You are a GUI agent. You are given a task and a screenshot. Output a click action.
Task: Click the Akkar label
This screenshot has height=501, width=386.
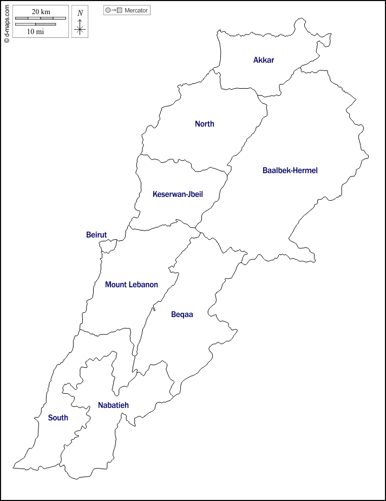click(264, 60)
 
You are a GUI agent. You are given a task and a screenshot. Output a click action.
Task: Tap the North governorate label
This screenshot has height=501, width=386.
click(205, 124)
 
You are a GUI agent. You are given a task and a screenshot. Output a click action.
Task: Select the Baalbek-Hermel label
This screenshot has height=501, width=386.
click(290, 170)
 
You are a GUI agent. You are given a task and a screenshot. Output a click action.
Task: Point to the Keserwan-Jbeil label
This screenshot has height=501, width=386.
click(178, 194)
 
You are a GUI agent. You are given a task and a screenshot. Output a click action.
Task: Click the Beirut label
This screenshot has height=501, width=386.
click(96, 235)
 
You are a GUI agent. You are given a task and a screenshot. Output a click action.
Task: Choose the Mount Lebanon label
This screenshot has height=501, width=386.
click(132, 285)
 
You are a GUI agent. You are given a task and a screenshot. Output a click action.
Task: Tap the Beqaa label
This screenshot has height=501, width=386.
click(182, 314)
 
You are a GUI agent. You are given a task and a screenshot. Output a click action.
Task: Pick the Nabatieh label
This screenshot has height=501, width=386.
click(113, 405)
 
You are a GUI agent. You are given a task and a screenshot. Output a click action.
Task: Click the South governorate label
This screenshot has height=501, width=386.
click(58, 418)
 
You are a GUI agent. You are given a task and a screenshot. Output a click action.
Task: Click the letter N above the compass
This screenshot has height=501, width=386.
click(80, 13)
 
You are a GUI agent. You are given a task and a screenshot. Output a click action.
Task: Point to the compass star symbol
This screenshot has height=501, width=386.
click(80, 28)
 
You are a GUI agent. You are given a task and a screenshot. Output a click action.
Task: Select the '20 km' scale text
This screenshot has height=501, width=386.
click(41, 12)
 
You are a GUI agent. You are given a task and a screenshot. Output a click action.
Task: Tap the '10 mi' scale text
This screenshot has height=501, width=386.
click(36, 31)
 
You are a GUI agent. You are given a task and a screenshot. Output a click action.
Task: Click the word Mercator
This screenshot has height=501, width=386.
click(136, 10)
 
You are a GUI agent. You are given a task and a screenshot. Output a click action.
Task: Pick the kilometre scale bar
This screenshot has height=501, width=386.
click(41, 18)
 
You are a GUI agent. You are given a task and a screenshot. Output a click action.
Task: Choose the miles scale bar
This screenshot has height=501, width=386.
click(36, 24)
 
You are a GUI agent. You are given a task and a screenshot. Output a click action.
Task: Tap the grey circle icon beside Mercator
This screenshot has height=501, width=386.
click(108, 10)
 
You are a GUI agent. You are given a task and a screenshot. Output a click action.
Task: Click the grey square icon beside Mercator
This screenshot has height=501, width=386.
click(120, 10)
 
